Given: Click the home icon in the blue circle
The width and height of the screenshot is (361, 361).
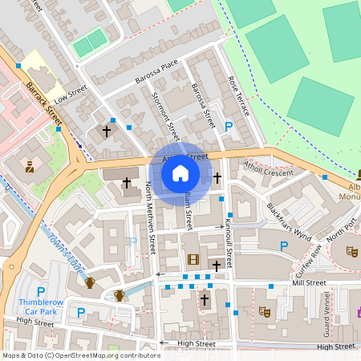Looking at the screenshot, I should tap(180, 172).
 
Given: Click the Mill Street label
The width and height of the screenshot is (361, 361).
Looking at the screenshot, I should tap(309, 283).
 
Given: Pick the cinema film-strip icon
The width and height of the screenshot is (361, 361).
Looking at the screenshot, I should tap(193, 259).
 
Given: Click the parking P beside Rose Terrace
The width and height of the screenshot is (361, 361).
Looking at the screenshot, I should tap(229, 126).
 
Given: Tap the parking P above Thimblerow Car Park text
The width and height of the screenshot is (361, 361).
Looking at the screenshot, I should tap(41, 291).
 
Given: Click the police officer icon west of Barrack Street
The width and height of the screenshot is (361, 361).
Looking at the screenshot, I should tap(30, 167).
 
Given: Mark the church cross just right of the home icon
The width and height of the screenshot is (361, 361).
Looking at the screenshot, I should tap(217, 176).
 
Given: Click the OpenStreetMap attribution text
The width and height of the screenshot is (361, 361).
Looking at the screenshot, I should tap(80, 355).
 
